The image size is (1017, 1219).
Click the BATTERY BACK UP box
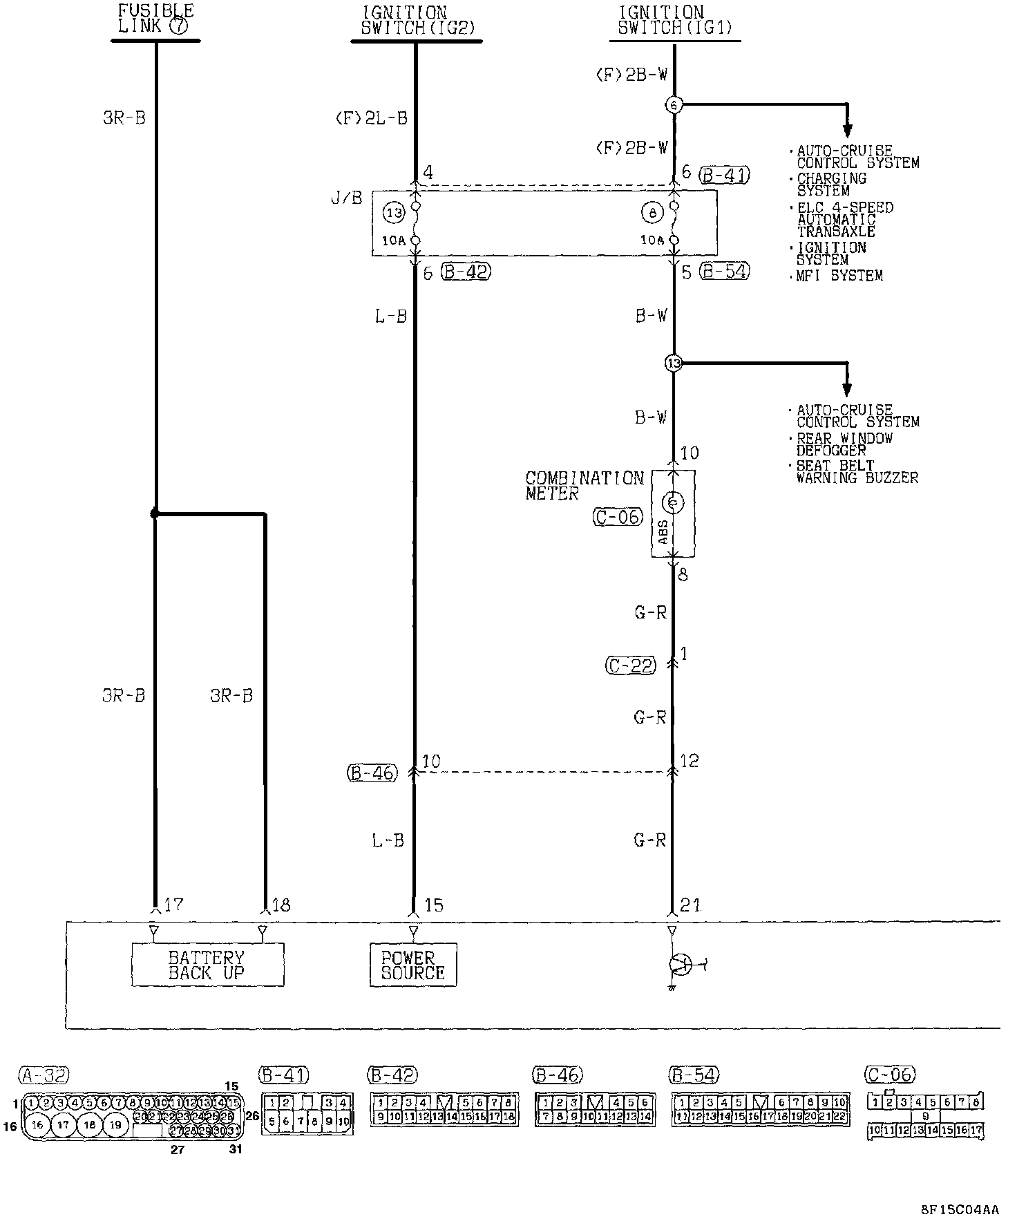[207, 965]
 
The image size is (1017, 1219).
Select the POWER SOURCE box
[413, 965]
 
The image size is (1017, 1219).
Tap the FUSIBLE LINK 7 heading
[155, 19]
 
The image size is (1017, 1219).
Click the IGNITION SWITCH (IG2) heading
[415, 21]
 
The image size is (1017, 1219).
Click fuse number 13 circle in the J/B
[394, 214]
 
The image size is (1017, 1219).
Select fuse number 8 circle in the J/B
[652, 214]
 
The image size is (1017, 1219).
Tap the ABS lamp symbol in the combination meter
[673, 503]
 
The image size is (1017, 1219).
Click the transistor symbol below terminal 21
[680, 964]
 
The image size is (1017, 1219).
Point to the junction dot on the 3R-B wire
[155, 514]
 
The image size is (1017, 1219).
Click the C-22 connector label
[630, 665]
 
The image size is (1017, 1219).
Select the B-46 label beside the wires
[372, 773]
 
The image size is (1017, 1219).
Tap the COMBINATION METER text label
[584, 486]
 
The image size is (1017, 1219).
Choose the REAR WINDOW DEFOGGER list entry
[844, 444]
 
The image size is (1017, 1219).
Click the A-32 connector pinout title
[43, 1075]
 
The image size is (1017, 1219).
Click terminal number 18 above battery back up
[281, 905]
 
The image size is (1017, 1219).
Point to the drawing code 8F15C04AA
[960, 1209]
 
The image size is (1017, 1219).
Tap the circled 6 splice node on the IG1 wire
[674, 105]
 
